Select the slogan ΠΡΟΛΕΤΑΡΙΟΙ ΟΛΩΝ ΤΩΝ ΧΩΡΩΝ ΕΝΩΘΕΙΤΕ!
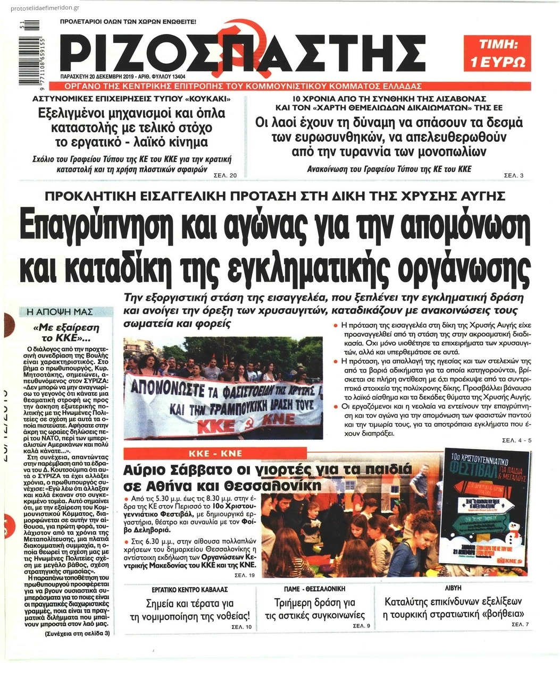point(128,22)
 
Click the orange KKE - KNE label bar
point(222,453)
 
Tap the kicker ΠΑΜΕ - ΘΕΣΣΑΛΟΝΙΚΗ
point(314,589)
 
